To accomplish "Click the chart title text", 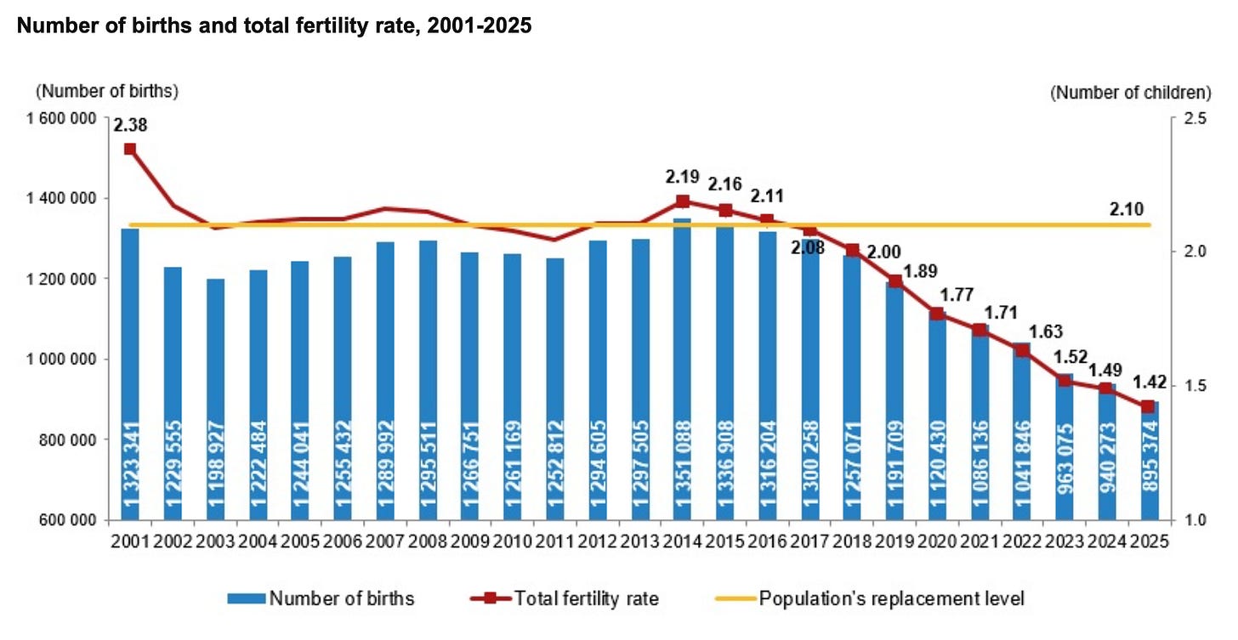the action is point(274,25).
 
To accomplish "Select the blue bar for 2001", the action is point(130,374).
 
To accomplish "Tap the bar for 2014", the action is point(683,369).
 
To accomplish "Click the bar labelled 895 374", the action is point(1150,461).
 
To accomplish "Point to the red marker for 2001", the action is point(130,150).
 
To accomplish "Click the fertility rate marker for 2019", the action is point(895,282).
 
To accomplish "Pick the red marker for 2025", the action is point(1148,407).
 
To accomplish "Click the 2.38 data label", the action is point(130,125).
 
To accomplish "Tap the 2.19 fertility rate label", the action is point(683,177).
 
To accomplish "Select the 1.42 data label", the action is point(1150,382).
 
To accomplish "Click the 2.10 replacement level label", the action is point(1127,209).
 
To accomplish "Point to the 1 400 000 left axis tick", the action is point(61,198).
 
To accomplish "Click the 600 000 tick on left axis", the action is point(67,520).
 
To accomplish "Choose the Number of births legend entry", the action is point(321,598).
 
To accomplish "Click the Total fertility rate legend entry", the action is point(565,598).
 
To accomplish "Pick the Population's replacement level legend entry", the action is point(870,598).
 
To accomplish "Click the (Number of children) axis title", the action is point(1131,93).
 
